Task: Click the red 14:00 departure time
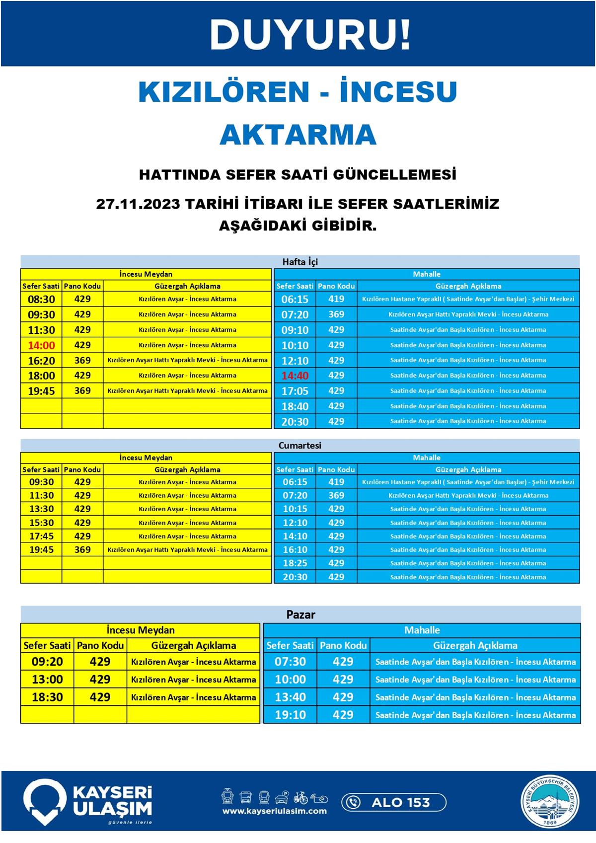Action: (x=41, y=345)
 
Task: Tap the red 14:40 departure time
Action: (x=295, y=376)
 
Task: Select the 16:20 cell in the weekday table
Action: (x=41, y=361)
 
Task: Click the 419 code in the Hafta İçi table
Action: (x=336, y=299)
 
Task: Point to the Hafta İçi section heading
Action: (x=300, y=262)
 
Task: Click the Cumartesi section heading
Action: (x=300, y=446)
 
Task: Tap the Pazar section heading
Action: (x=300, y=614)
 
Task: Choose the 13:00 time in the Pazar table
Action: (x=47, y=680)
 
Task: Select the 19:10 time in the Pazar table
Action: (x=291, y=715)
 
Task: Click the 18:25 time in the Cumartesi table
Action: (x=295, y=563)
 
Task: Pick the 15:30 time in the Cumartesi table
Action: (x=41, y=523)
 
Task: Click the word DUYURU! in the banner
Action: (x=310, y=35)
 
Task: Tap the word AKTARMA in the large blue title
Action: (x=298, y=135)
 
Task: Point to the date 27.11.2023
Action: (x=138, y=204)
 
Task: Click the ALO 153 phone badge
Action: (x=393, y=802)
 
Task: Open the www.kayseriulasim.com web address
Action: (x=274, y=811)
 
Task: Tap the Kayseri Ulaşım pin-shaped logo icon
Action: (x=45, y=800)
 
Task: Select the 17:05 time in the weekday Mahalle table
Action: (x=295, y=391)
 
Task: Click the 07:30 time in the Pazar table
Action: (x=291, y=662)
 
